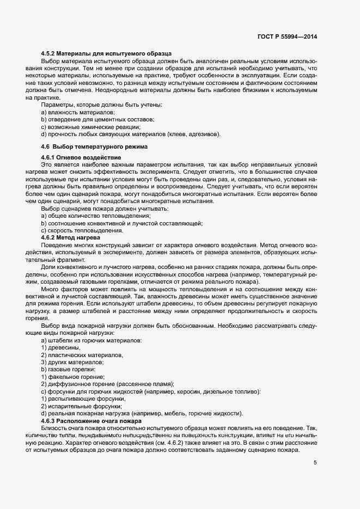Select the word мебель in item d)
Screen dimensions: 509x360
click(x=178, y=414)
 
